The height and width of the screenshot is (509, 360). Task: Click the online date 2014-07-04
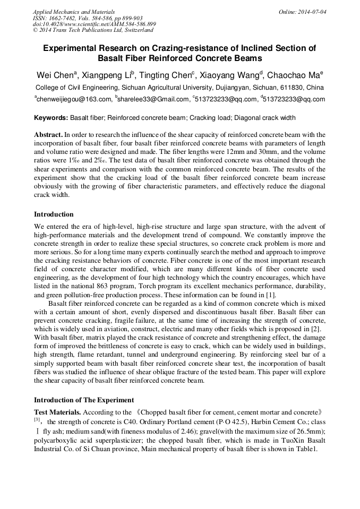pos(312,11)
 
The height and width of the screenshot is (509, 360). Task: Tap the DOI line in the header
pos(94,24)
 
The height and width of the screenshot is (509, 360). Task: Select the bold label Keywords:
pos(51,118)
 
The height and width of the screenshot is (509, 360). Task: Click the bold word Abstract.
pos(48,135)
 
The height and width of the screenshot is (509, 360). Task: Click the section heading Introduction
pos(54,214)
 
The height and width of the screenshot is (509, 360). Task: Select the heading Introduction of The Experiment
pos(84,400)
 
